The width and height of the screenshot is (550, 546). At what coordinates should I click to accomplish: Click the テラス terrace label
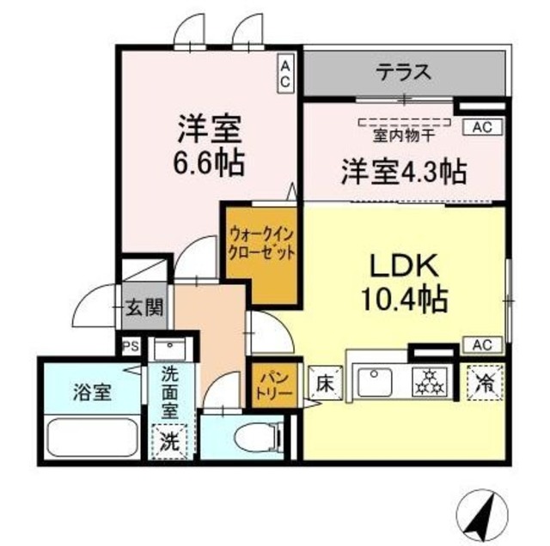402,72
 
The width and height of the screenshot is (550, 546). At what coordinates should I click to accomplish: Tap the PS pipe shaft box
131,346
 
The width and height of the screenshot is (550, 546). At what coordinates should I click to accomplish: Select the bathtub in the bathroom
93,438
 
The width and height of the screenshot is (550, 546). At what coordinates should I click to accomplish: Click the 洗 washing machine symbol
171,442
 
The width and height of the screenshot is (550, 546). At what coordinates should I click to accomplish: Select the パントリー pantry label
274,385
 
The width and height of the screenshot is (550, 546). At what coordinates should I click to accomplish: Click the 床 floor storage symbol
324,379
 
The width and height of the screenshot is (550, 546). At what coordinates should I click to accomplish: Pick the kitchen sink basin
376,380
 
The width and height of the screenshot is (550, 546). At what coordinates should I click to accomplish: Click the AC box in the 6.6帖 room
285,74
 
